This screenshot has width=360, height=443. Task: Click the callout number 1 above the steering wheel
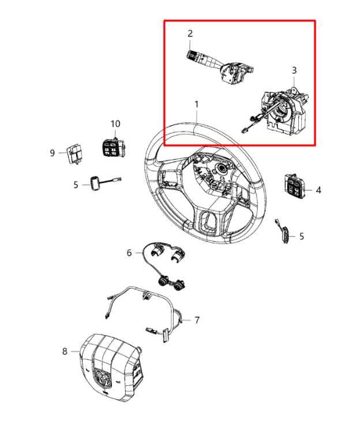[196, 104]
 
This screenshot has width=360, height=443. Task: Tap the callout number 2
[190, 33]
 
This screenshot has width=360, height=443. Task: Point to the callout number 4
[318, 189]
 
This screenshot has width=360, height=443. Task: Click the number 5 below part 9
[75, 185]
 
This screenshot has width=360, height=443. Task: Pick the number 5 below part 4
[301, 236]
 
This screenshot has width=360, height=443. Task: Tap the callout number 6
[129, 253]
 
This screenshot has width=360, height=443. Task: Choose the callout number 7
[197, 320]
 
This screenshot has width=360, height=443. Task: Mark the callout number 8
[65, 351]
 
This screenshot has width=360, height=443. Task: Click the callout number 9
[52, 153]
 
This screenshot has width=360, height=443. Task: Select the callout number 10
[115, 124]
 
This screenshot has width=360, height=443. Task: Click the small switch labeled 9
[74, 152]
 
